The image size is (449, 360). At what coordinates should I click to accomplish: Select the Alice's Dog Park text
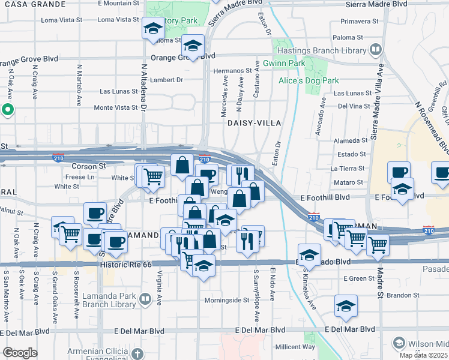point(309,80)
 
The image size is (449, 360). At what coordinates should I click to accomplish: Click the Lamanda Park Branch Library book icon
point(146,298)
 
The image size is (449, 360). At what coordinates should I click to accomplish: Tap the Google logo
point(20,352)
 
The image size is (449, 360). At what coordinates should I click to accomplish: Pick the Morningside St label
point(226,300)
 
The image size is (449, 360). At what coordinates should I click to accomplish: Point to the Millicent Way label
point(295,347)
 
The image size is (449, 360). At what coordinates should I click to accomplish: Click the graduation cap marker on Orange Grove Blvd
point(193,46)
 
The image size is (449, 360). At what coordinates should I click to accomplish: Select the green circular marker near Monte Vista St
point(8,109)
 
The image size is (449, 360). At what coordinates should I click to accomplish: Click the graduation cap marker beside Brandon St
point(346,306)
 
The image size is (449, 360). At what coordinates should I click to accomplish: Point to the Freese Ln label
point(79,177)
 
